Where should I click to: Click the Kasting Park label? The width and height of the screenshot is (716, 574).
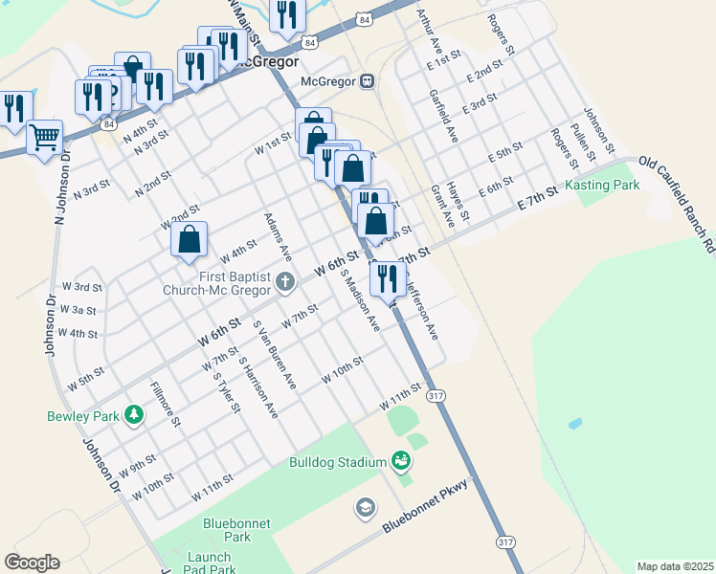601,185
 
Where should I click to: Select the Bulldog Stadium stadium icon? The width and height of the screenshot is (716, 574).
401,462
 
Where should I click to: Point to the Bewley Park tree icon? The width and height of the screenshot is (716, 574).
135,414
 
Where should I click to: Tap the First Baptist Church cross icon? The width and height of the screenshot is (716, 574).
285,281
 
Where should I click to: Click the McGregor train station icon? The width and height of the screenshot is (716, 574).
368,81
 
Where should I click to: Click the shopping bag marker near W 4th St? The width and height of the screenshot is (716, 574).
190,239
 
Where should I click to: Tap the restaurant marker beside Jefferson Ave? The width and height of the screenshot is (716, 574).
387,277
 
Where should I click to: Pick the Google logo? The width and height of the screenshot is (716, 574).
32,562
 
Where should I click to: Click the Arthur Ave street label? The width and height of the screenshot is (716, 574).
426,31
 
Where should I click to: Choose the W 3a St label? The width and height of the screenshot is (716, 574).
78,310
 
